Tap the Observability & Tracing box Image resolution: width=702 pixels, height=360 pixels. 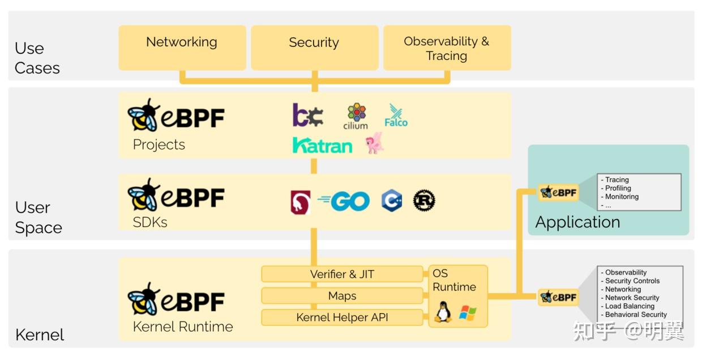tap(447, 48)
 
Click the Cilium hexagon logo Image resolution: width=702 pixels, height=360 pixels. tap(356, 113)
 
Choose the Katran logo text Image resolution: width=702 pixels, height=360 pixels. tap(322, 145)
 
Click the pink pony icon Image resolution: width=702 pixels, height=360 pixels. tap(374, 143)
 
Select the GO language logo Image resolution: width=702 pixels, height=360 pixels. tap(344, 201)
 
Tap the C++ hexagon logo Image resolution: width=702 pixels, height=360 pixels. tap(391, 201)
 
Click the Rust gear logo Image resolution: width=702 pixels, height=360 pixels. tap(424, 201)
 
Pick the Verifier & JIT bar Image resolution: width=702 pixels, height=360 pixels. tap(342, 274)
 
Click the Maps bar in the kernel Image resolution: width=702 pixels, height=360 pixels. tap(342, 296)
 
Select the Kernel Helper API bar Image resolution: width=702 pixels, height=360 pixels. tap(342, 318)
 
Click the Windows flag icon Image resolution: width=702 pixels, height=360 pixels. tap(468, 313)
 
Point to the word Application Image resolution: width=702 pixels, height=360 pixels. tap(577, 222)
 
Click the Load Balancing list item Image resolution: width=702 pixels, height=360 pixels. tap(630, 306)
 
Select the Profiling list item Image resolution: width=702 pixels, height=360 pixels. tap(618, 188)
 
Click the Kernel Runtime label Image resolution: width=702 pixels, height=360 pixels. tap(183, 327)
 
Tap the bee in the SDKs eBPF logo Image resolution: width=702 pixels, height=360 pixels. tap(143, 195)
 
